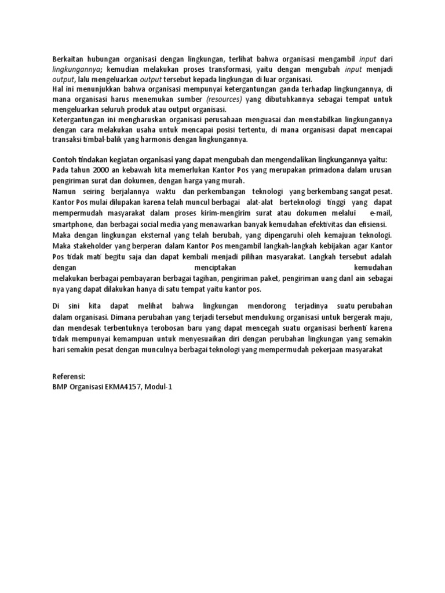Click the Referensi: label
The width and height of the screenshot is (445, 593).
[70, 376]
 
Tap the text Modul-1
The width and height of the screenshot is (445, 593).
[161, 387]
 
